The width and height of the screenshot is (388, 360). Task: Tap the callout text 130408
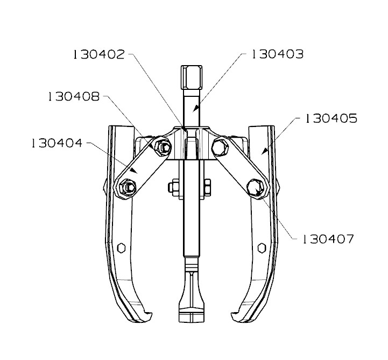click(x=73, y=97)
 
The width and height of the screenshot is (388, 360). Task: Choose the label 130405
click(x=331, y=118)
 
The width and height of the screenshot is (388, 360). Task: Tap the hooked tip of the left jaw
click(x=144, y=316)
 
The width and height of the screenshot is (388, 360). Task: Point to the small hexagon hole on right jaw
click(x=262, y=248)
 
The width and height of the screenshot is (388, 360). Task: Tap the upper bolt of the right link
click(x=221, y=145)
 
